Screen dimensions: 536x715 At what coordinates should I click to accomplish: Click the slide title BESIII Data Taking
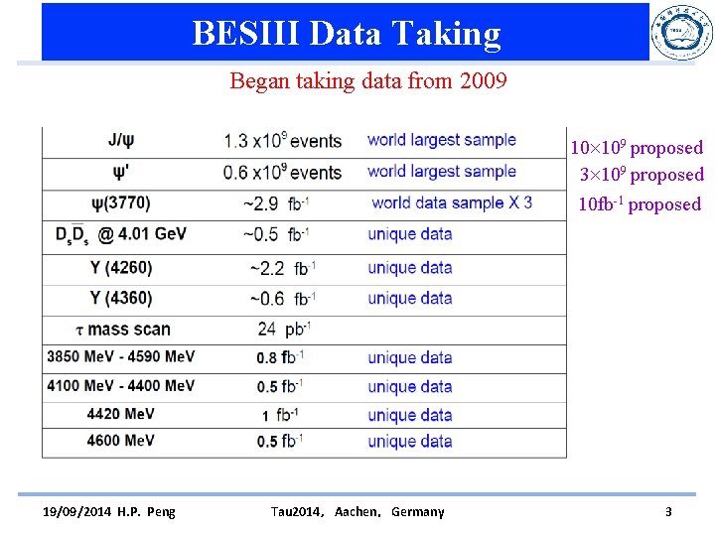(x=347, y=33)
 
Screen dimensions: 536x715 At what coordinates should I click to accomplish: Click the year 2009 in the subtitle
(x=484, y=80)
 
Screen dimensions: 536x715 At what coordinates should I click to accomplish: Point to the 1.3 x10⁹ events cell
(x=282, y=141)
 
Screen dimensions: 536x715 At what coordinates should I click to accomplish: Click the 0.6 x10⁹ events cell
(x=282, y=172)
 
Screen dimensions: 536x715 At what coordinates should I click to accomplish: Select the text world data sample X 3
(x=451, y=202)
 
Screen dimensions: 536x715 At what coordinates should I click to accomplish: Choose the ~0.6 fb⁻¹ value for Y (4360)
(x=282, y=299)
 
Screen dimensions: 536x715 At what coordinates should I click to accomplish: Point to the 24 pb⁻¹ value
(x=284, y=330)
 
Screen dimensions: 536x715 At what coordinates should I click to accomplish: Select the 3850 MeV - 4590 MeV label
(x=120, y=357)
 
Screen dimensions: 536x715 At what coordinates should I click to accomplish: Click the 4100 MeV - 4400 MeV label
(x=120, y=386)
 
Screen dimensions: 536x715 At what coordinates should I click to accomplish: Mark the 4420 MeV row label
(x=120, y=414)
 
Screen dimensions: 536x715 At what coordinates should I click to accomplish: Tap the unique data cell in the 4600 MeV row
(x=409, y=442)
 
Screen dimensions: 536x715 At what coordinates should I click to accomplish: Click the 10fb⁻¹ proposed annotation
(x=640, y=204)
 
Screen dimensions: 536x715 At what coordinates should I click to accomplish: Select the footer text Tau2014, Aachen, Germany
(x=357, y=512)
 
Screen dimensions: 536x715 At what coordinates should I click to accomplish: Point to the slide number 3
(x=668, y=512)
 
